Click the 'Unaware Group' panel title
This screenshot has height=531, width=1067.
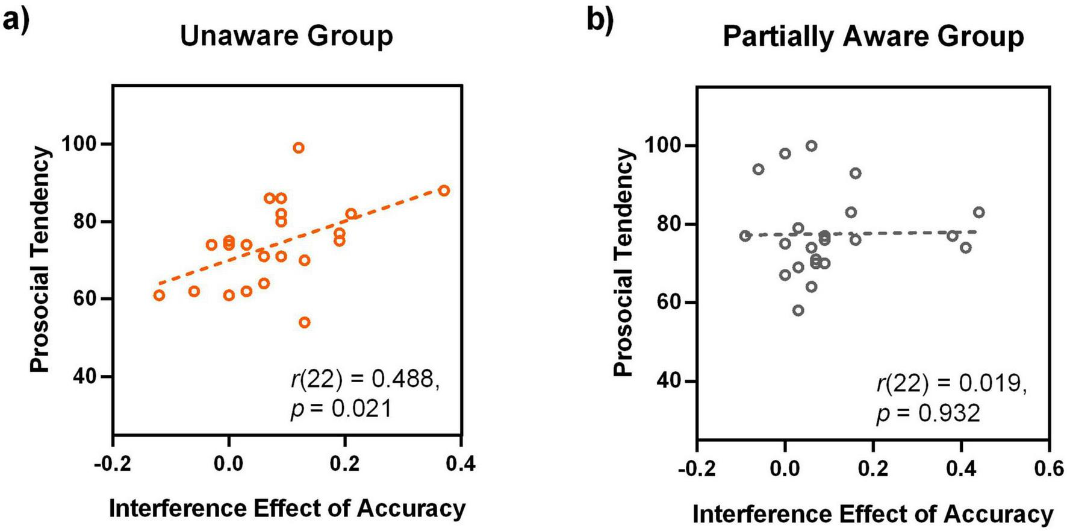click(x=287, y=36)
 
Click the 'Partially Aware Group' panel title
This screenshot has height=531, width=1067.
click(x=873, y=36)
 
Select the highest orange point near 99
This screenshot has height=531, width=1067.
click(x=299, y=148)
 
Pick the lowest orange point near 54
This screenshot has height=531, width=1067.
click(x=305, y=322)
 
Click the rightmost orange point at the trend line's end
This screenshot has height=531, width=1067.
click(x=444, y=190)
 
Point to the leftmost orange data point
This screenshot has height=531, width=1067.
click(x=159, y=295)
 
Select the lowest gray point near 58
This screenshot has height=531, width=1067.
click(x=798, y=310)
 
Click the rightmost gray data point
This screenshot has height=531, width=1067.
click(x=979, y=212)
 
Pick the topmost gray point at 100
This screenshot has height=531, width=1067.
click(x=812, y=146)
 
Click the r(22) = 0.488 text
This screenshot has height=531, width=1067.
click(x=365, y=379)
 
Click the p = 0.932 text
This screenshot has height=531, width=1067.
click(x=928, y=413)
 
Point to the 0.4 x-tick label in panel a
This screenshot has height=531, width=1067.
click(x=461, y=463)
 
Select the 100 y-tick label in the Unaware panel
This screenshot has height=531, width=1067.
click(x=81, y=144)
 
